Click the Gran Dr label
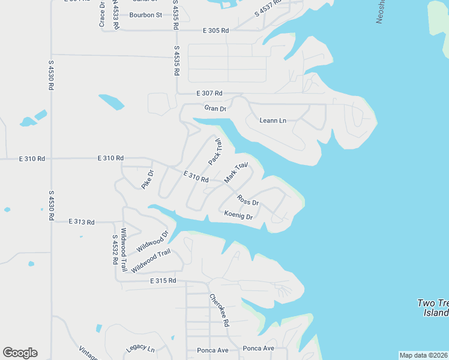[215, 109]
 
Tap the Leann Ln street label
[273, 121]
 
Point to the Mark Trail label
[236, 173]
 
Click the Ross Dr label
[247, 200]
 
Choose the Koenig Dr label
[238, 215]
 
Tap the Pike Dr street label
[148, 180]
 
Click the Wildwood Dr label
[152, 241]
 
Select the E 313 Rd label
[82, 222]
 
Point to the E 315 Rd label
[163, 280]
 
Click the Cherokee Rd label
[219, 310]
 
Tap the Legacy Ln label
[140, 349]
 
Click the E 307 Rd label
[209, 94]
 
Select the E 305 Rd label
[216, 30]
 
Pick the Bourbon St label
[147, 15]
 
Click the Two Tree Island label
[433, 308]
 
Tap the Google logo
[20, 353]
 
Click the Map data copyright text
[423, 355]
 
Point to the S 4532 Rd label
[113, 250]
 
